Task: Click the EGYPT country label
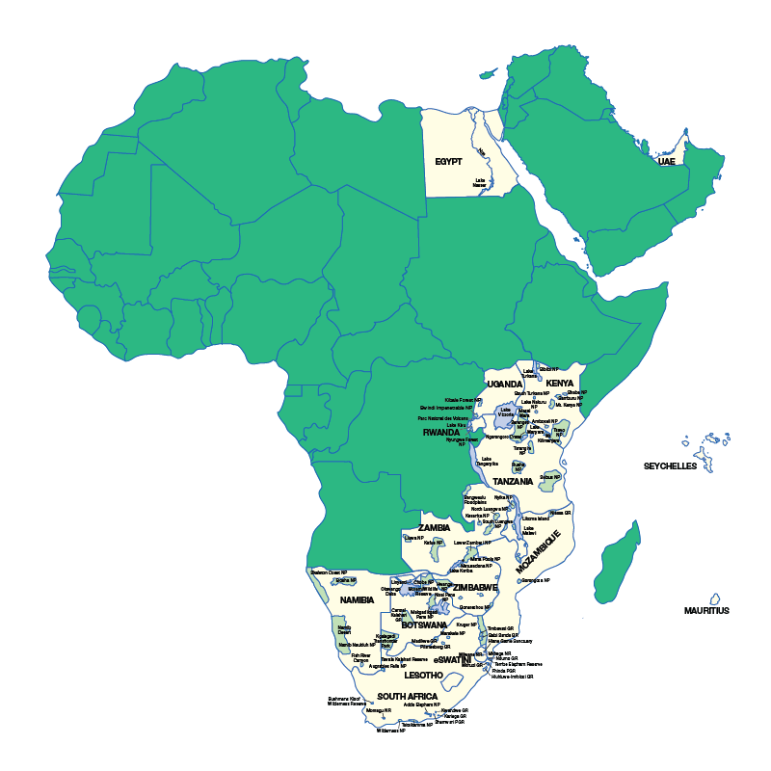coord(448,162)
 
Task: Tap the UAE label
coord(666,161)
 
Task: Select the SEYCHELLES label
coord(670,466)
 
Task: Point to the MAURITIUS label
coord(706,610)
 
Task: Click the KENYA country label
coord(559,384)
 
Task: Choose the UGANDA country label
coord(505,384)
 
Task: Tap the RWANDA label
coord(441,433)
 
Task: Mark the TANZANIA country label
coord(513,481)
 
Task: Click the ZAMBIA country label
coord(434,528)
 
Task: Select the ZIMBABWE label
coord(475,587)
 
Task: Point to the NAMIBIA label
coord(357,599)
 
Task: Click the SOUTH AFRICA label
coord(408,696)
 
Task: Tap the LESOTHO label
coord(423,676)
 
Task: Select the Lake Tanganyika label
coord(488,462)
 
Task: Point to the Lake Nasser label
coord(479,182)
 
